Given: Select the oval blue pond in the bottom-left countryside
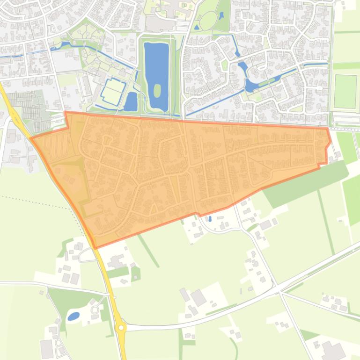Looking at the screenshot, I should [73, 317].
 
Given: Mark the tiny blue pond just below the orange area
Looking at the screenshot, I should [210, 218].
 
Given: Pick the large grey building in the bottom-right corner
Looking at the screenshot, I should [333, 350].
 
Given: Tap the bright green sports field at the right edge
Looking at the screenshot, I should [345, 91].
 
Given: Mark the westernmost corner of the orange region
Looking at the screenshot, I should [31, 138].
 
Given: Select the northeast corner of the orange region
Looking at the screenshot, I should [327, 128].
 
